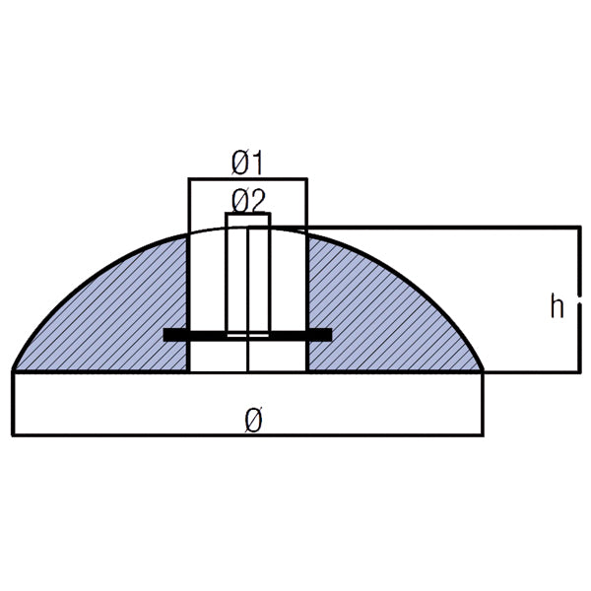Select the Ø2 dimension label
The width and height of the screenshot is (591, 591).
point(247,201)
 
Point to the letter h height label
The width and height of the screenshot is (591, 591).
point(558,307)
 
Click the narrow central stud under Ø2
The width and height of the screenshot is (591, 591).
point(247,276)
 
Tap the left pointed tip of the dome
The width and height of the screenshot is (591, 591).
point(15,370)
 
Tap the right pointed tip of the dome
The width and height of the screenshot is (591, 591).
point(482,370)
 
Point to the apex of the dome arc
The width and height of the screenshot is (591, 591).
point(247,228)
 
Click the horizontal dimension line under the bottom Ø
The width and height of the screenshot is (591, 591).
point(246,434)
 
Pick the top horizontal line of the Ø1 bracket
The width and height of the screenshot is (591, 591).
point(247,179)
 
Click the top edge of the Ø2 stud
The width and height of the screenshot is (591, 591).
point(247,214)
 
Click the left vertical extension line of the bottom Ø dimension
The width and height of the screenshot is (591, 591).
point(13,404)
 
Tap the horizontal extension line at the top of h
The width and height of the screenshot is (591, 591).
point(443,228)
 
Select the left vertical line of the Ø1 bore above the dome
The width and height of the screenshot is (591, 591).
point(188,207)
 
